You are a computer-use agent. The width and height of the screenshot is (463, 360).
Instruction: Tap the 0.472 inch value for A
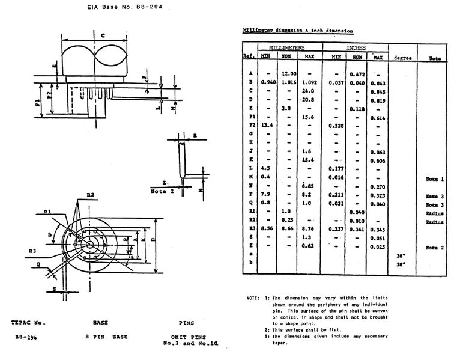pos(357,73)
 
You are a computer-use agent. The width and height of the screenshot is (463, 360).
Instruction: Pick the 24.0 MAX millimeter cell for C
pos(309,91)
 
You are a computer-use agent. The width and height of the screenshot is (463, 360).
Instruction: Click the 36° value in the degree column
pos(401,255)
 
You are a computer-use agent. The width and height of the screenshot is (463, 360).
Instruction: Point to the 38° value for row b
pos(401,264)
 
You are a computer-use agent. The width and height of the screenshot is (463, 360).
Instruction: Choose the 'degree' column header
pos(402,58)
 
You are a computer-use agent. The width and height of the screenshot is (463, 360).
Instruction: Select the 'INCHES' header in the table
pos(356,47)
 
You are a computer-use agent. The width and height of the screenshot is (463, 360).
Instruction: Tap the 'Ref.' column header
pos(248,56)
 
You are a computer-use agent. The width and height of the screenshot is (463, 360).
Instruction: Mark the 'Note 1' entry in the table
pos(434,179)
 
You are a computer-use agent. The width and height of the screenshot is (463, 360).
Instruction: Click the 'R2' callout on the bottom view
pos(90,195)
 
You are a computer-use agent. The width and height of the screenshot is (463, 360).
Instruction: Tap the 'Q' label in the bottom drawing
pos(37,263)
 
